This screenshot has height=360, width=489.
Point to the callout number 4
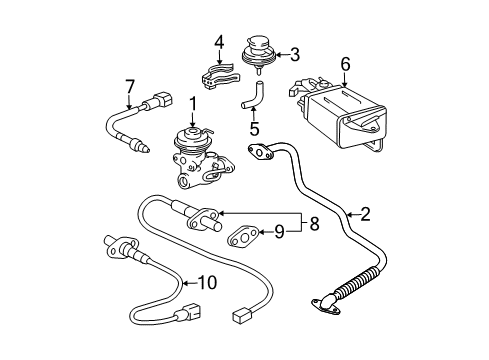click(217, 42)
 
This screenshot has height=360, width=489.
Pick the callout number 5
click(255, 129)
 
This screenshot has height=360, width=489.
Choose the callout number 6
click(345, 63)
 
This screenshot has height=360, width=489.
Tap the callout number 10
click(207, 283)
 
